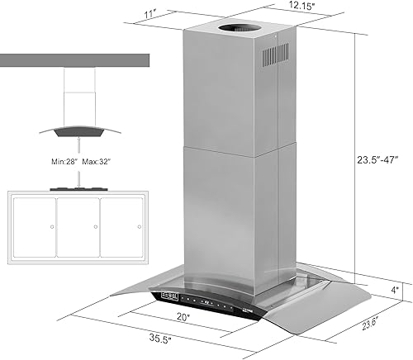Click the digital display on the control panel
point(170,295)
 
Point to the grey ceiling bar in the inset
point(74,61)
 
